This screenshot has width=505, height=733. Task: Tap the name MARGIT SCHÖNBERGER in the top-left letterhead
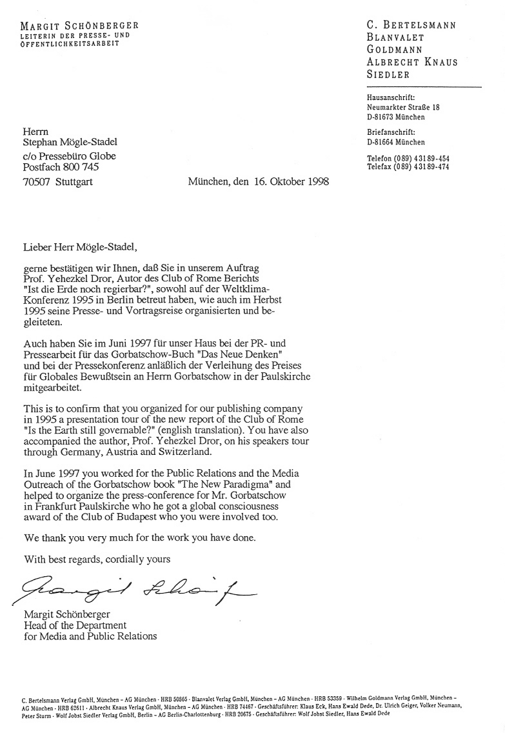(x=79, y=26)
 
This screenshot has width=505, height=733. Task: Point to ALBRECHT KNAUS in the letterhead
(x=411, y=62)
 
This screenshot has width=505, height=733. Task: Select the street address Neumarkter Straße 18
(x=403, y=108)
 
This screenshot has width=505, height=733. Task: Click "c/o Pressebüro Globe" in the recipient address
(x=70, y=156)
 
